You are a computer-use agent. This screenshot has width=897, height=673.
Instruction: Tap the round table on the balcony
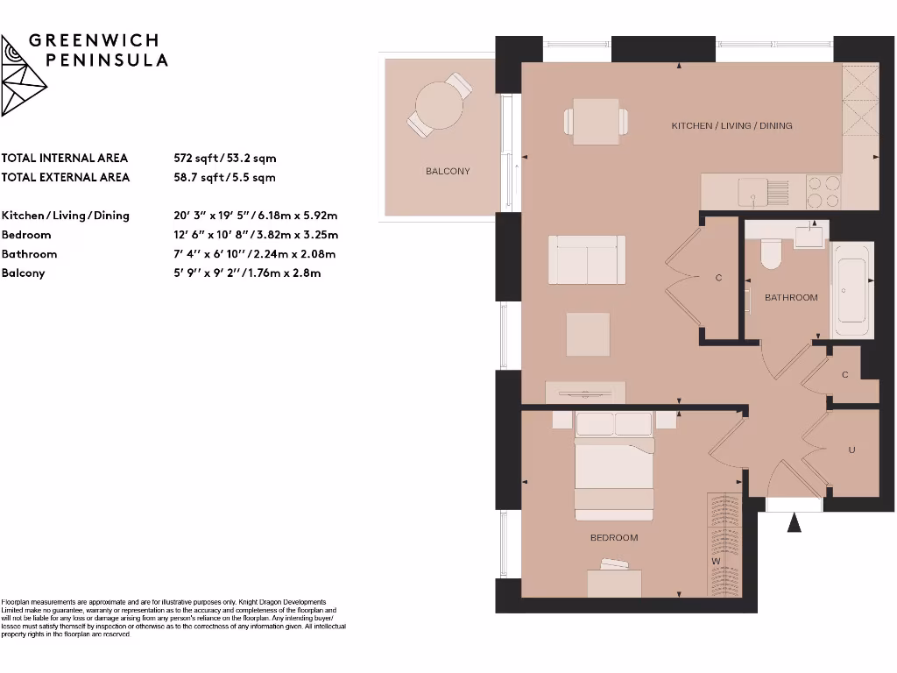click(440, 106)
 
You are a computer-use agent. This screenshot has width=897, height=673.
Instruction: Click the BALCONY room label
click(448, 171)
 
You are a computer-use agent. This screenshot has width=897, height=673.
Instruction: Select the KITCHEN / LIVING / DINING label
click(731, 125)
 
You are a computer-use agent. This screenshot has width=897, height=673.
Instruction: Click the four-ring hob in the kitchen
click(823, 191)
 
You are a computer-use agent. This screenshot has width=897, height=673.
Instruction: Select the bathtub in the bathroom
click(851, 289)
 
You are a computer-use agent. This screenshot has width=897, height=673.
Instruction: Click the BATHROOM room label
click(791, 297)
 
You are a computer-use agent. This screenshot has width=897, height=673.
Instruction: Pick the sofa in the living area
click(587, 259)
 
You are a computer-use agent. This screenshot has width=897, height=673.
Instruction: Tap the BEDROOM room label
click(613, 537)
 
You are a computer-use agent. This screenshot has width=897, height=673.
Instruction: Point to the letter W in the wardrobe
click(716, 561)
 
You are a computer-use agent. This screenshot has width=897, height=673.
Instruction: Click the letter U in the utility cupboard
click(851, 450)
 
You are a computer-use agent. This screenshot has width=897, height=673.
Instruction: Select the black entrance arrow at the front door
click(795, 523)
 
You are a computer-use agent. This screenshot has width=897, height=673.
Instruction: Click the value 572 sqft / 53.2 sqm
click(225, 158)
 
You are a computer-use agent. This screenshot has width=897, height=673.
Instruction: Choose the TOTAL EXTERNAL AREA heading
click(66, 177)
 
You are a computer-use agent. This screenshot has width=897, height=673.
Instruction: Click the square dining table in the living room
click(598, 121)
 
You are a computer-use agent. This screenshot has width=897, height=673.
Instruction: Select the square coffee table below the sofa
click(588, 334)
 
